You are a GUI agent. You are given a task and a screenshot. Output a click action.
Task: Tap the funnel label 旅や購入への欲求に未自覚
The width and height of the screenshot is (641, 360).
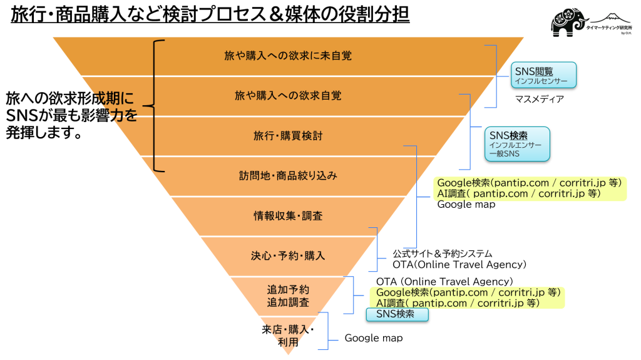288,56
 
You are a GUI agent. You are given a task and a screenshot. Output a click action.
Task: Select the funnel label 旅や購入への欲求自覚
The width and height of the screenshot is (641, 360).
288,96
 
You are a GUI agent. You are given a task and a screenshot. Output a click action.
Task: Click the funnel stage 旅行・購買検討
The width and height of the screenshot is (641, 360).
288,136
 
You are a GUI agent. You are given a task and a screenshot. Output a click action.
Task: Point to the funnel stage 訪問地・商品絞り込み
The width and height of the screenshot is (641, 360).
288,176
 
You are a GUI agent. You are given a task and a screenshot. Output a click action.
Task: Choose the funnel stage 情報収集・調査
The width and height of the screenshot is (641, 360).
288,216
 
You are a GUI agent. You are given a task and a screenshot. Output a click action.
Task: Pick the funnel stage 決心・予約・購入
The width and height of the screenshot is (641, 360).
288,255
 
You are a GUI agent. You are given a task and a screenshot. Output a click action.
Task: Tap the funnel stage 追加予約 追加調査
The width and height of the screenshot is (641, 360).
288,296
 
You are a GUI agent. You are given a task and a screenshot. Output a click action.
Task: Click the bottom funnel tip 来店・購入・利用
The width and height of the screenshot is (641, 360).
288,336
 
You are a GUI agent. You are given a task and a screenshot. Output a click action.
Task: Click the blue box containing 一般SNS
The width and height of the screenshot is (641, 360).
517,145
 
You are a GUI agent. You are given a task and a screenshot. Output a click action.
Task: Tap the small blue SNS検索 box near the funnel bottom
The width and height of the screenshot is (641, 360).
397,314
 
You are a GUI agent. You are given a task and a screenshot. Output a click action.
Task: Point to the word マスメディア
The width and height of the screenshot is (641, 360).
539,99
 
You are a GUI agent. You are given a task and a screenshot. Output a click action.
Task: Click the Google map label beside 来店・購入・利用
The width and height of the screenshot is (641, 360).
374,338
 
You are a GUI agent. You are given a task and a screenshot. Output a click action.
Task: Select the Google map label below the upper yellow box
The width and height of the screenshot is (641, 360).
466,205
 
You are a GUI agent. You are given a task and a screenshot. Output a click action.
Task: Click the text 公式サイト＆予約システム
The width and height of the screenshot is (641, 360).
442,254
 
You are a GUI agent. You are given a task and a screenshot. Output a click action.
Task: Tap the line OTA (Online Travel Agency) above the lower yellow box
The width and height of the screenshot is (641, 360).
444,282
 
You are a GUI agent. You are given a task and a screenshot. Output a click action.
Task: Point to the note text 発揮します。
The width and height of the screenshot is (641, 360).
44,133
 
